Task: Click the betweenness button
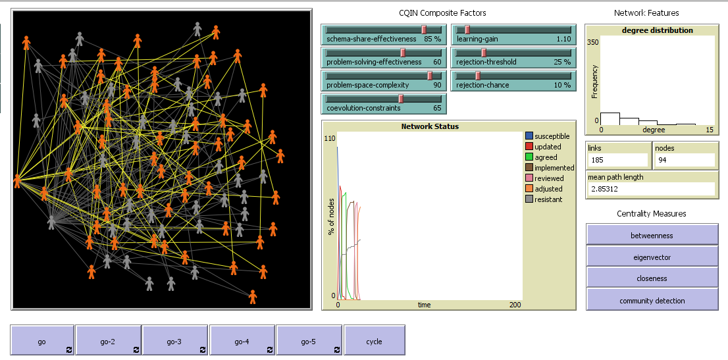coord(652,235)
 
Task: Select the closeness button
coord(652,278)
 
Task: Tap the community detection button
coord(652,301)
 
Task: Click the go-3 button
coord(175,342)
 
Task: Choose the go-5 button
coord(309,342)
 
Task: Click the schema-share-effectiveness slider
coord(384,34)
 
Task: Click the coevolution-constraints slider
coord(384,103)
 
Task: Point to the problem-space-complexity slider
coord(384,80)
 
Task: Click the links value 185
coord(617,160)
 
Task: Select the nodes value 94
coord(684,160)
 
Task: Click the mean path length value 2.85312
coord(650,189)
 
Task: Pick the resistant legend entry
coord(548,199)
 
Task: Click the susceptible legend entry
coord(552,136)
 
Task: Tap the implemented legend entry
coord(554,168)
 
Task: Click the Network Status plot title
coord(430,126)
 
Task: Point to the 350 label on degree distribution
coord(592,41)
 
